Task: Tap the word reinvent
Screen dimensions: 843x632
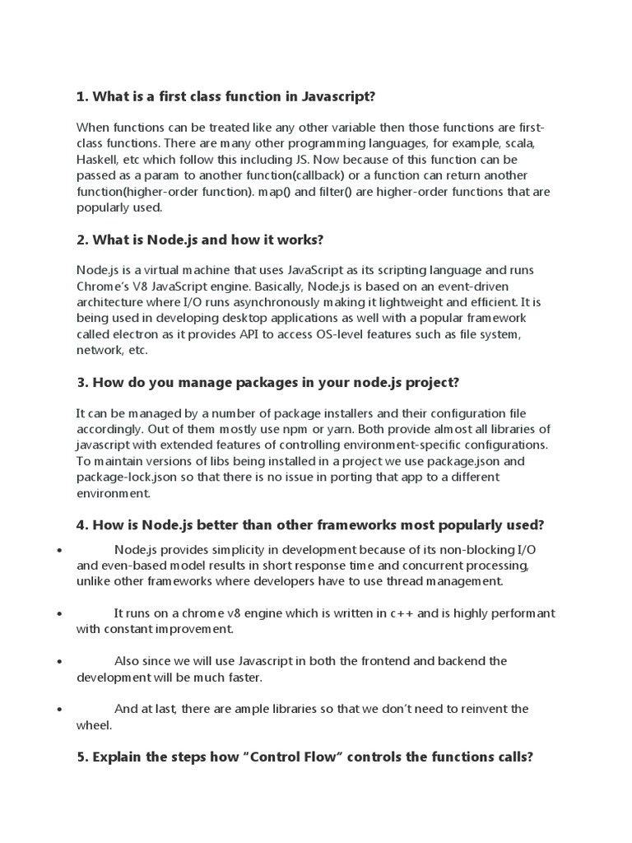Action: tap(475, 709)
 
